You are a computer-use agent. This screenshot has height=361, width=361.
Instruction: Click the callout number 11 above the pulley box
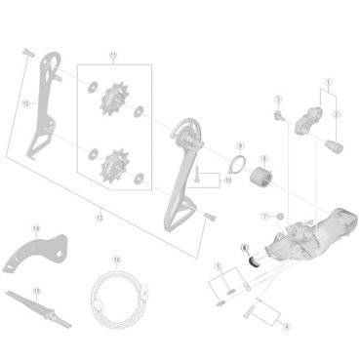[112, 55]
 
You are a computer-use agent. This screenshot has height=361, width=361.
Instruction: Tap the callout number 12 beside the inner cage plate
[25, 100]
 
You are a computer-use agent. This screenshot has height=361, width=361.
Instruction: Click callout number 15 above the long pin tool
[36, 289]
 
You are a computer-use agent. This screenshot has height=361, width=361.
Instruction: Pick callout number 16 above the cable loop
[116, 260]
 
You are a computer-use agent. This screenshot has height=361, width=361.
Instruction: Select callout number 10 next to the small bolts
[228, 180]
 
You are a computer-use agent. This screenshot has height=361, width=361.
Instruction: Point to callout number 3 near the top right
[278, 100]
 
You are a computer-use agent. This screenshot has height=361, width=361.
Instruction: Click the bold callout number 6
[246, 248]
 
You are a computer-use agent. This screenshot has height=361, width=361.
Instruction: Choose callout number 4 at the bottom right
[286, 325]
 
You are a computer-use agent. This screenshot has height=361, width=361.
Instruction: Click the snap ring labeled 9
[237, 162]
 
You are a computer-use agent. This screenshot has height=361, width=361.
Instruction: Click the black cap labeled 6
[254, 260]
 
